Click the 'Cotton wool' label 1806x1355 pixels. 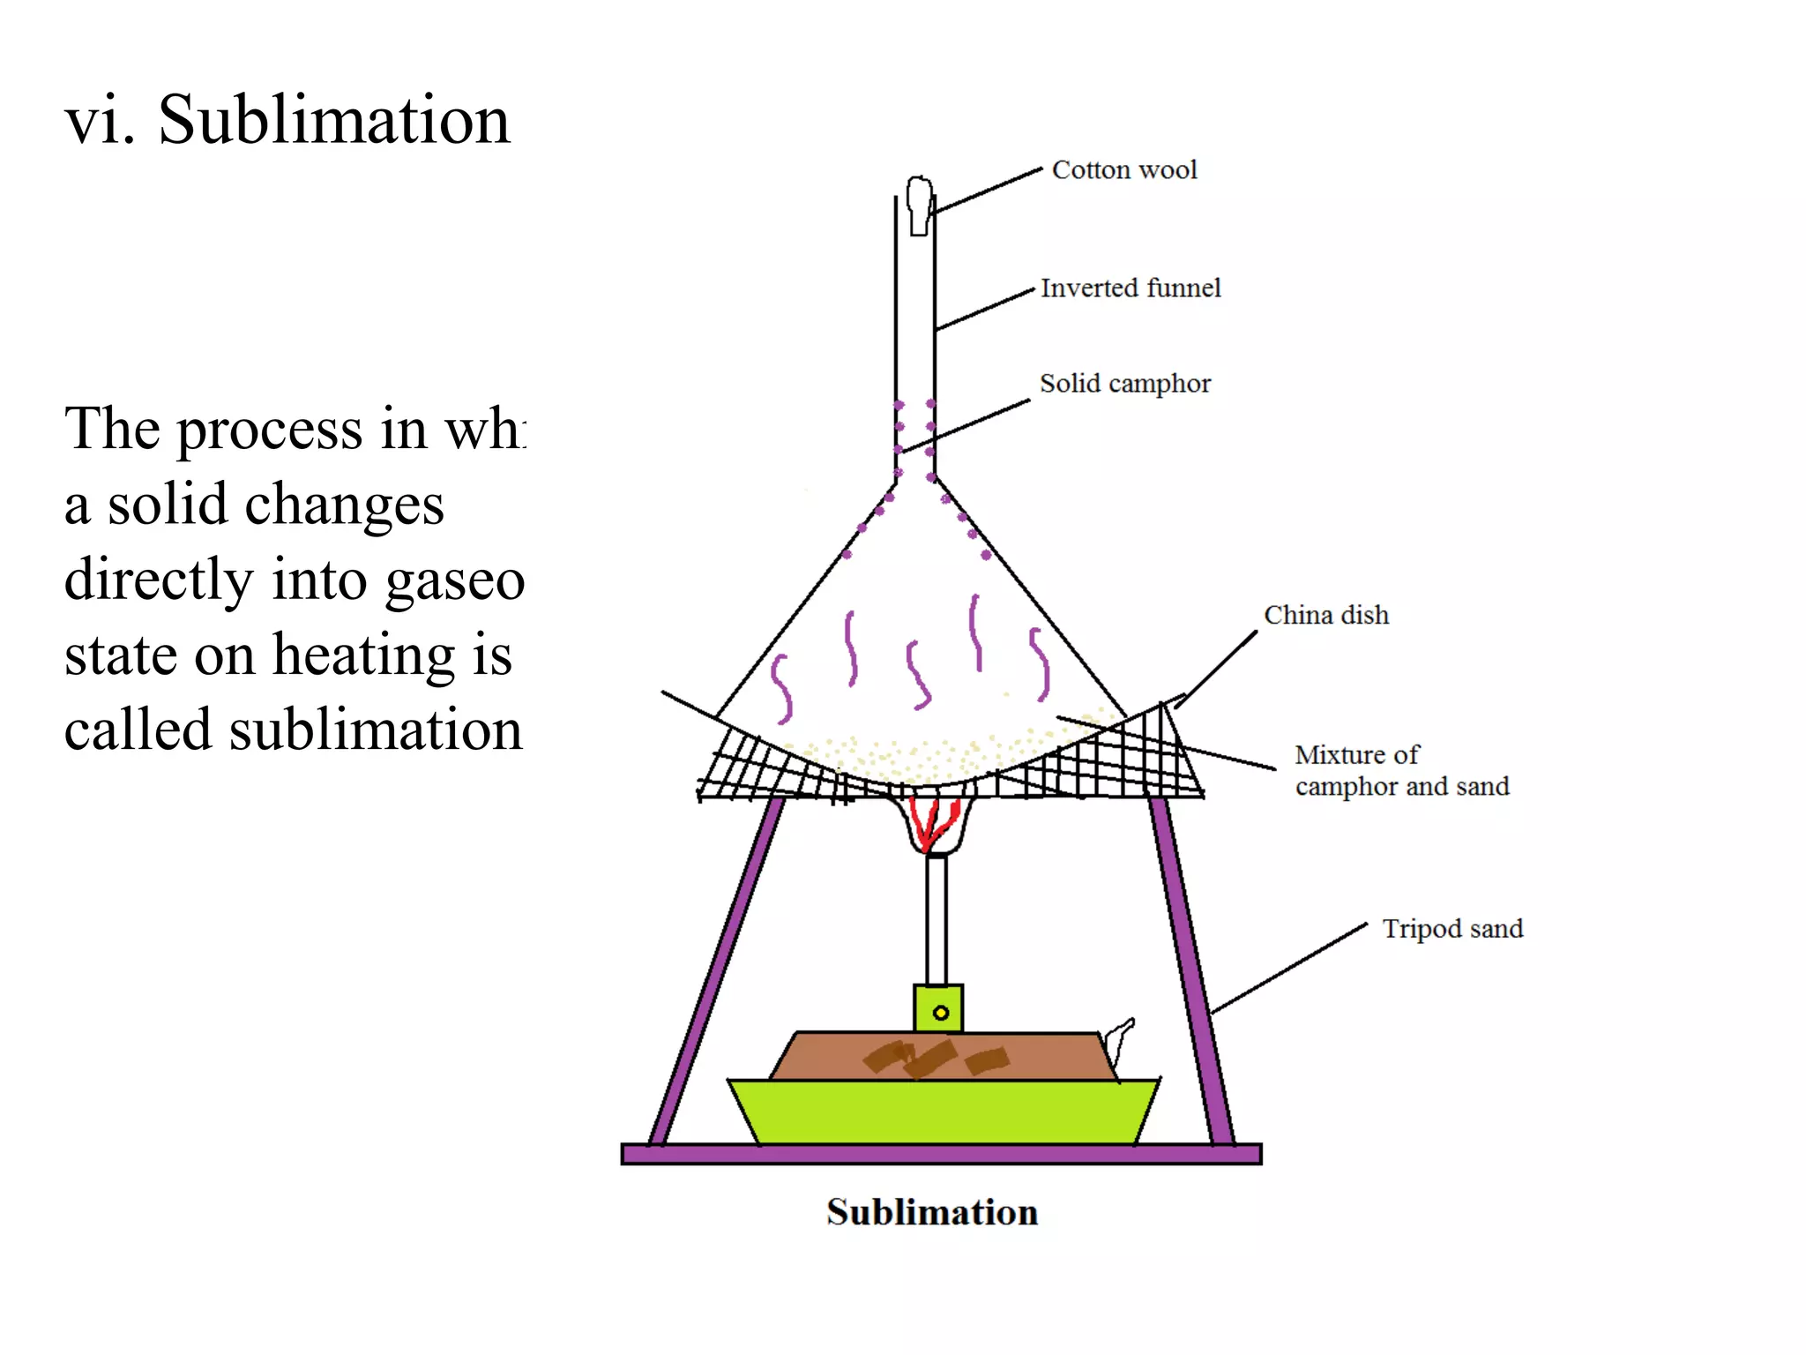pyautogui.click(x=1124, y=169)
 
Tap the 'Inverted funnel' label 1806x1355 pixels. pyautogui.click(x=1131, y=288)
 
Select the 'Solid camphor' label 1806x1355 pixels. pyautogui.click(x=1125, y=383)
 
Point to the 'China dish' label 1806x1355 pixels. pyautogui.click(x=1325, y=615)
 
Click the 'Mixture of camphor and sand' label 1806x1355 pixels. pyautogui.click(x=1401, y=770)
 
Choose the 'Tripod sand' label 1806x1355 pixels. pyautogui.click(x=1452, y=928)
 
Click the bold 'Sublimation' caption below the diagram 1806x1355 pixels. pyautogui.click(x=932, y=1212)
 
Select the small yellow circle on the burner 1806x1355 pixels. pyautogui.click(x=941, y=1013)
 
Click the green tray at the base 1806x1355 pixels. pyautogui.click(x=944, y=1112)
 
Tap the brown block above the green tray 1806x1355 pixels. pyautogui.click(x=940, y=1056)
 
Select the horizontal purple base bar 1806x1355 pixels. pyautogui.click(x=941, y=1154)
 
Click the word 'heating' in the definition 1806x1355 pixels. pyautogui.click(x=365, y=655)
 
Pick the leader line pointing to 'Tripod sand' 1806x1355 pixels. pyautogui.click(x=1289, y=969)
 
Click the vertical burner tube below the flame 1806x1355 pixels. pyautogui.click(x=937, y=917)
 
